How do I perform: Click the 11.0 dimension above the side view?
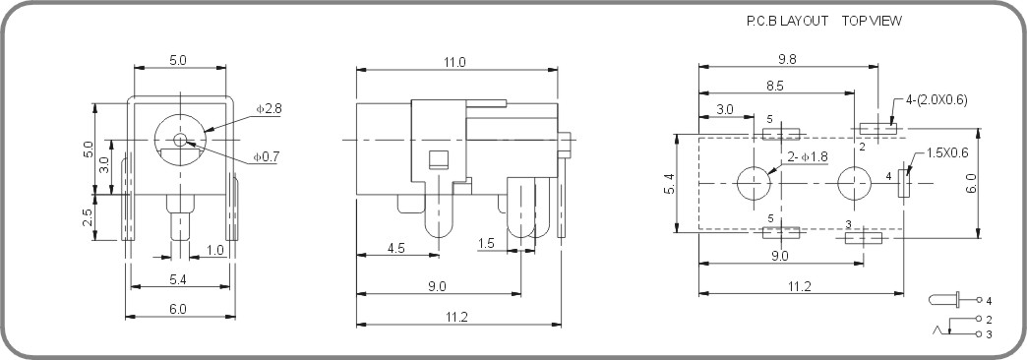[x=454, y=62]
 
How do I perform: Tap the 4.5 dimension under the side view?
[x=397, y=248]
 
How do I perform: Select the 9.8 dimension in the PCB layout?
[x=787, y=59]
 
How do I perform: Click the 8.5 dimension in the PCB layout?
[x=777, y=86]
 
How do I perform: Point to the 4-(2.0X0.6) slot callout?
[x=936, y=100]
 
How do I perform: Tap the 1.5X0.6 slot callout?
[x=947, y=152]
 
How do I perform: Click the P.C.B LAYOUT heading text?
[x=788, y=21]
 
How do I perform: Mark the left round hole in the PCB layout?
[x=754, y=184]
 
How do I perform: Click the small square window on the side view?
[x=439, y=159]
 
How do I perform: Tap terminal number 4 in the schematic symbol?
[x=988, y=300]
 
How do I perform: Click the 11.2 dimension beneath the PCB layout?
[x=800, y=286]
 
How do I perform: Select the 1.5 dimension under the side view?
[x=486, y=243]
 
